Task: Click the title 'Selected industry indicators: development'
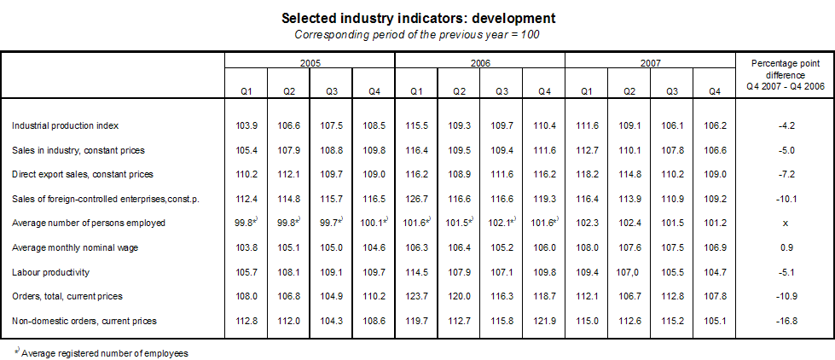[417, 18]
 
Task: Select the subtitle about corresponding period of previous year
[417, 34]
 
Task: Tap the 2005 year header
[310, 63]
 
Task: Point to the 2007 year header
[650, 63]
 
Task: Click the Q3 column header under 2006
[502, 91]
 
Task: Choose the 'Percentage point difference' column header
[784, 74]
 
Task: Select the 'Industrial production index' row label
[65, 125]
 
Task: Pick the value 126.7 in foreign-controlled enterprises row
[417, 199]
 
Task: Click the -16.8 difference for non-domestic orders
[784, 321]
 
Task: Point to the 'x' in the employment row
[784, 224]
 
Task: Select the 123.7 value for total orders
[417, 296]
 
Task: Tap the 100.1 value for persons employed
[372, 224]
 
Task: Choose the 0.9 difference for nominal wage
[784, 247]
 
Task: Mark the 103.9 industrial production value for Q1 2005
[246, 125]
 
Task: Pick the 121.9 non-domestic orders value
[544, 321]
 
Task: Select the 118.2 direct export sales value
[587, 174]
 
